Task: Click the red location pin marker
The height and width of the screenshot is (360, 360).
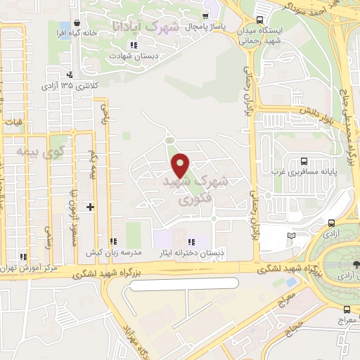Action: (x=181, y=165)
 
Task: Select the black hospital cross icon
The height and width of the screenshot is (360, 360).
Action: (x=90, y=207)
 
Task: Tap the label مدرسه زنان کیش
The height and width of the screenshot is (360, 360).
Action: (x=114, y=252)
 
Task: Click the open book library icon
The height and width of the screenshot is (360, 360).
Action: (x=291, y=236)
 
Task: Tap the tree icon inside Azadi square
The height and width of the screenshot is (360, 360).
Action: (x=354, y=264)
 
